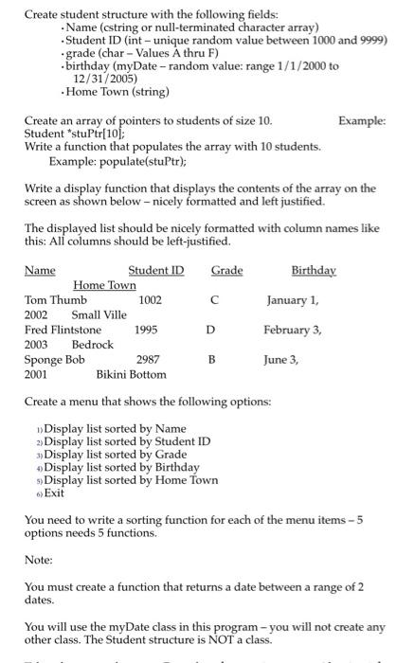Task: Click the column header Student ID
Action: (x=156, y=271)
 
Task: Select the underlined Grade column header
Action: (x=226, y=271)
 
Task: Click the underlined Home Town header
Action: (x=104, y=285)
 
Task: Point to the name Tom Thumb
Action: (x=55, y=300)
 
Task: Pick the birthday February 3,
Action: (x=293, y=330)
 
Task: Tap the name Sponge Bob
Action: (x=54, y=360)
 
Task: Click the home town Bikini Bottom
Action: (x=131, y=374)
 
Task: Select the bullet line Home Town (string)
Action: (x=117, y=92)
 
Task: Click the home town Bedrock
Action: (x=92, y=344)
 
